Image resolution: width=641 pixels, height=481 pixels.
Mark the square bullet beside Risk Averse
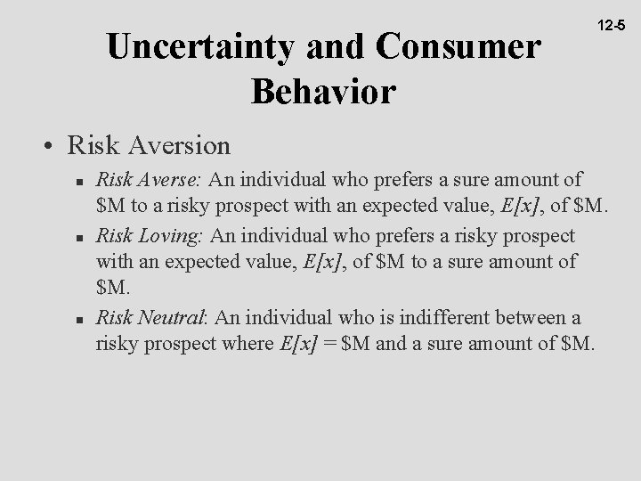tap(80, 183)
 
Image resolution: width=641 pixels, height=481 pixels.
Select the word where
tap(240, 343)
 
